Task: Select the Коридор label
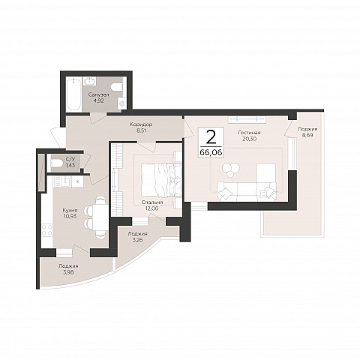141,124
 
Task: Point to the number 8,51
141,130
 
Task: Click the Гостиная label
249,133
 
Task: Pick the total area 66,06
211,152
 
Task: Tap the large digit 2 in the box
211,137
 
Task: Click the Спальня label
152,202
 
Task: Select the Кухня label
70,210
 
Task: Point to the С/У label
70,158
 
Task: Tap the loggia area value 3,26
137,240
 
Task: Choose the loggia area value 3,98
68,272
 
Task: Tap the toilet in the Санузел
117,87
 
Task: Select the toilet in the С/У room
56,163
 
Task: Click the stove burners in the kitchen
47,230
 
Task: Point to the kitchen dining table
100,217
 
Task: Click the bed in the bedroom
161,180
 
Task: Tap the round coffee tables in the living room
232,169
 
